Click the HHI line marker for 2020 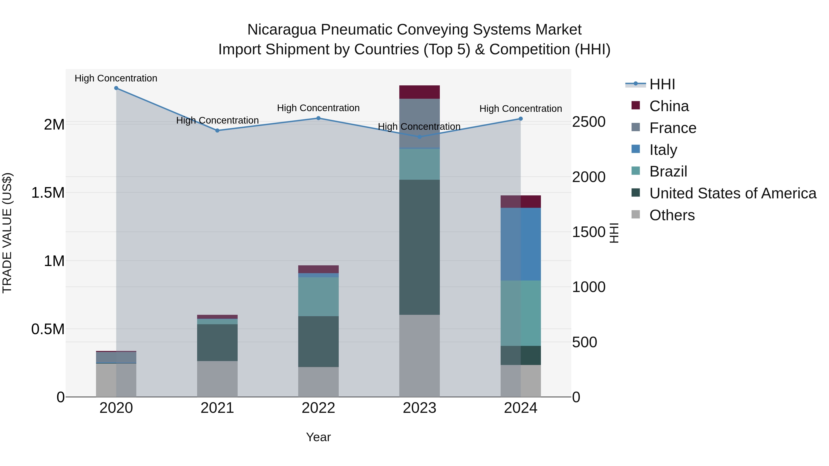pyautogui.click(x=116, y=88)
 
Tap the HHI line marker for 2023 pyautogui.click(x=419, y=137)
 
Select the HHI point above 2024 pyautogui.click(x=521, y=119)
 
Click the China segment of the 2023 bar pyautogui.click(x=419, y=92)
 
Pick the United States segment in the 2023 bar pyautogui.click(x=419, y=247)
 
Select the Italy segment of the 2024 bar pyautogui.click(x=521, y=244)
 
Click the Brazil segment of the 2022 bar pyautogui.click(x=318, y=297)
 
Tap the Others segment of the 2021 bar pyautogui.click(x=217, y=379)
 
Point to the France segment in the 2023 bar pyautogui.click(x=419, y=123)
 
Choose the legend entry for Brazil pyautogui.click(x=668, y=171)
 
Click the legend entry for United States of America pyautogui.click(x=733, y=193)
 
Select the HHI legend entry pyautogui.click(x=662, y=84)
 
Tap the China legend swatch pyautogui.click(x=636, y=105)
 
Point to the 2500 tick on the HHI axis pyautogui.click(x=589, y=122)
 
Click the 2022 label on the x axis pyautogui.click(x=318, y=408)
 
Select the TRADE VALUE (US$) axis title pyautogui.click(x=7, y=233)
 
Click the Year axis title pyautogui.click(x=318, y=437)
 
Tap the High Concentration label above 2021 pyautogui.click(x=217, y=120)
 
